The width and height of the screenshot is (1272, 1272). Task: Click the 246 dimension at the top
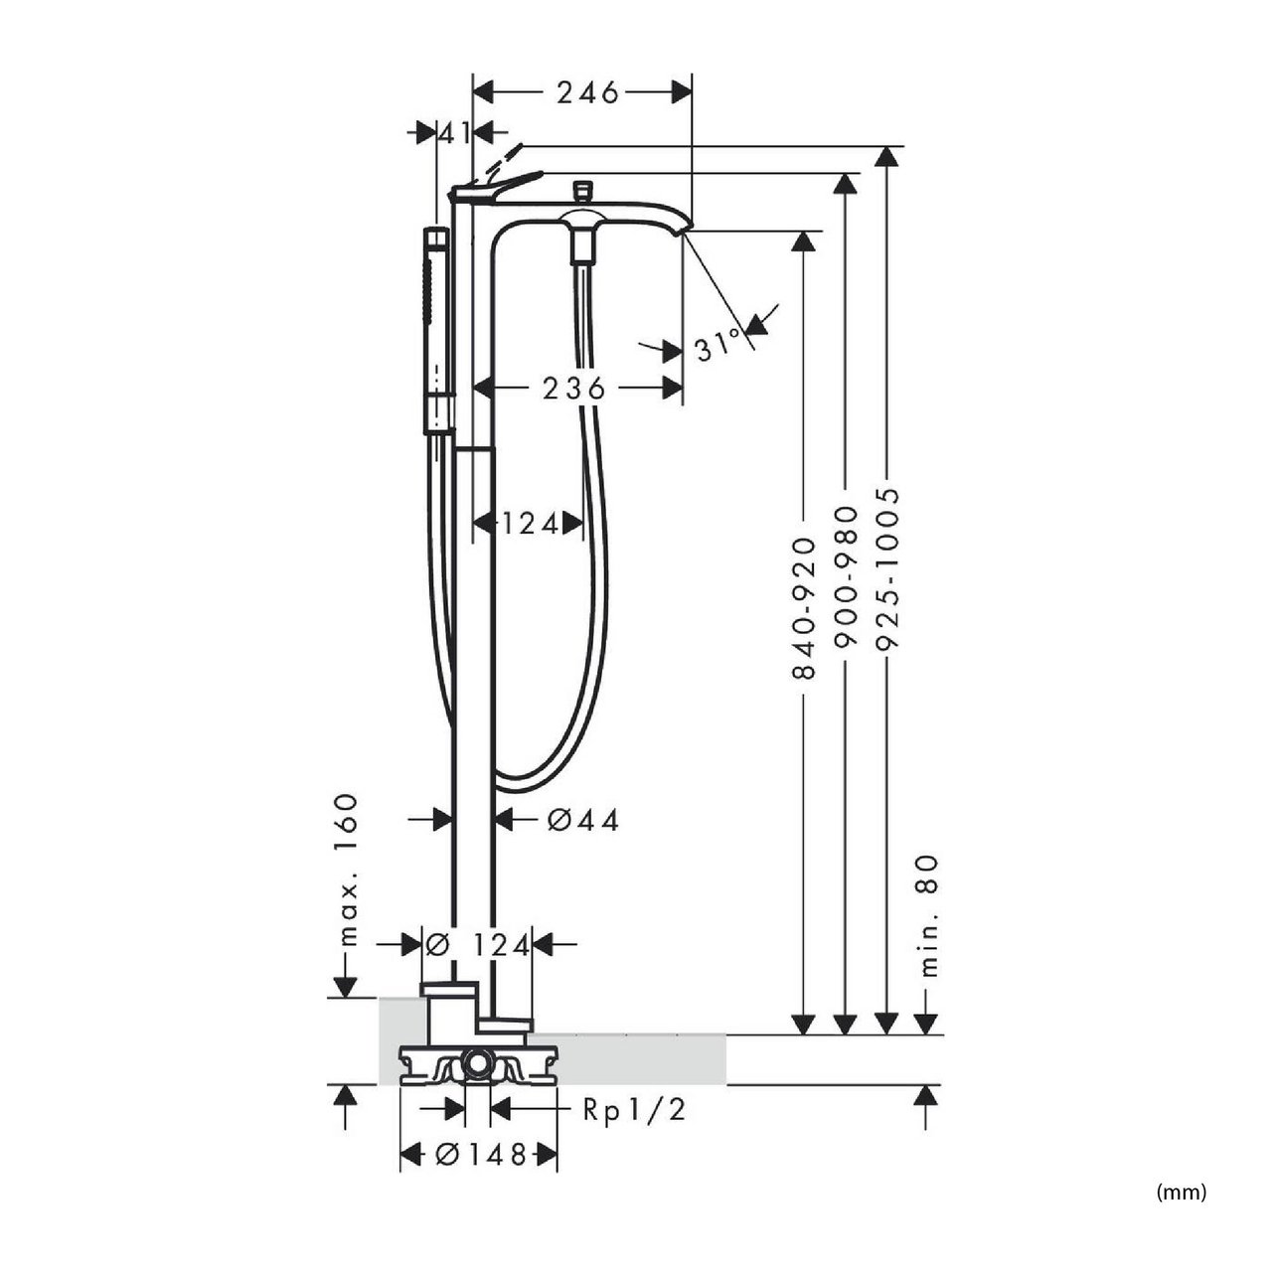[587, 93]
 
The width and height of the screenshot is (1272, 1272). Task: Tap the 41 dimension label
[454, 133]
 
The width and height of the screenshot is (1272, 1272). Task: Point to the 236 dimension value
[573, 389]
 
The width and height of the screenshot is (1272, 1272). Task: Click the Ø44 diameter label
[583, 821]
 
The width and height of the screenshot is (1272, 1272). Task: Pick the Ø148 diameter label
[481, 1155]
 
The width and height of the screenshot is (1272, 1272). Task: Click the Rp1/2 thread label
[634, 1110]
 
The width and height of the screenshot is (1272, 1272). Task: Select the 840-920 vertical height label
[803, 608]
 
